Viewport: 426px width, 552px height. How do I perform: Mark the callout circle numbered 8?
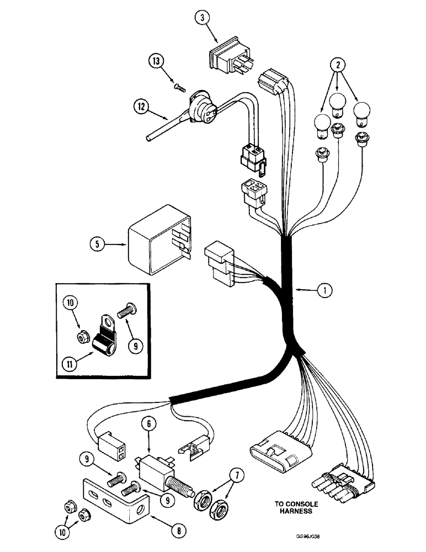(x=178, y=532)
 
